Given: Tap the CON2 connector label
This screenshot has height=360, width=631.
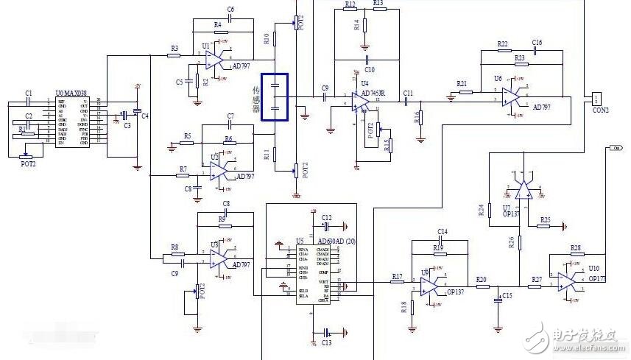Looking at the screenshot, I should (601, 110).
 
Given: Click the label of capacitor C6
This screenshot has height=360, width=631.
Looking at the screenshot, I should (230, 10).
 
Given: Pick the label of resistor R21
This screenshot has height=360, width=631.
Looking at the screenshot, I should (462, 83).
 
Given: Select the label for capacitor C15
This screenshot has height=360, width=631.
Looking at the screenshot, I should (507, 297).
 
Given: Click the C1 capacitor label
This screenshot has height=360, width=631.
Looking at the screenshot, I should (29, 93).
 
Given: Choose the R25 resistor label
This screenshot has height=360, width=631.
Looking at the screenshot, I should (546, 219).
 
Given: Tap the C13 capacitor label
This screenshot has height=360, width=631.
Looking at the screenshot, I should (326, 344).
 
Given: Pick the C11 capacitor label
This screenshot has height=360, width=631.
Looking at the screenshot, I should (408, 93).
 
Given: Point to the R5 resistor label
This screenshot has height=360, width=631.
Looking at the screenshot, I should (188, 136).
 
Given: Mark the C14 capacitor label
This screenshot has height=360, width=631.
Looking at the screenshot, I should (442, 232).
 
